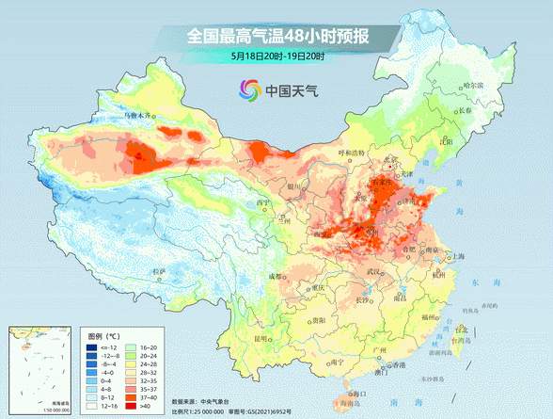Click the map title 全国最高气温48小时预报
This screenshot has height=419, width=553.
(x=276, y=37)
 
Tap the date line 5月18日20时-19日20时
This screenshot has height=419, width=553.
(x=276, y=56)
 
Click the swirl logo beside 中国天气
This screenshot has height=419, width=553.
(x=250, y=91)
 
